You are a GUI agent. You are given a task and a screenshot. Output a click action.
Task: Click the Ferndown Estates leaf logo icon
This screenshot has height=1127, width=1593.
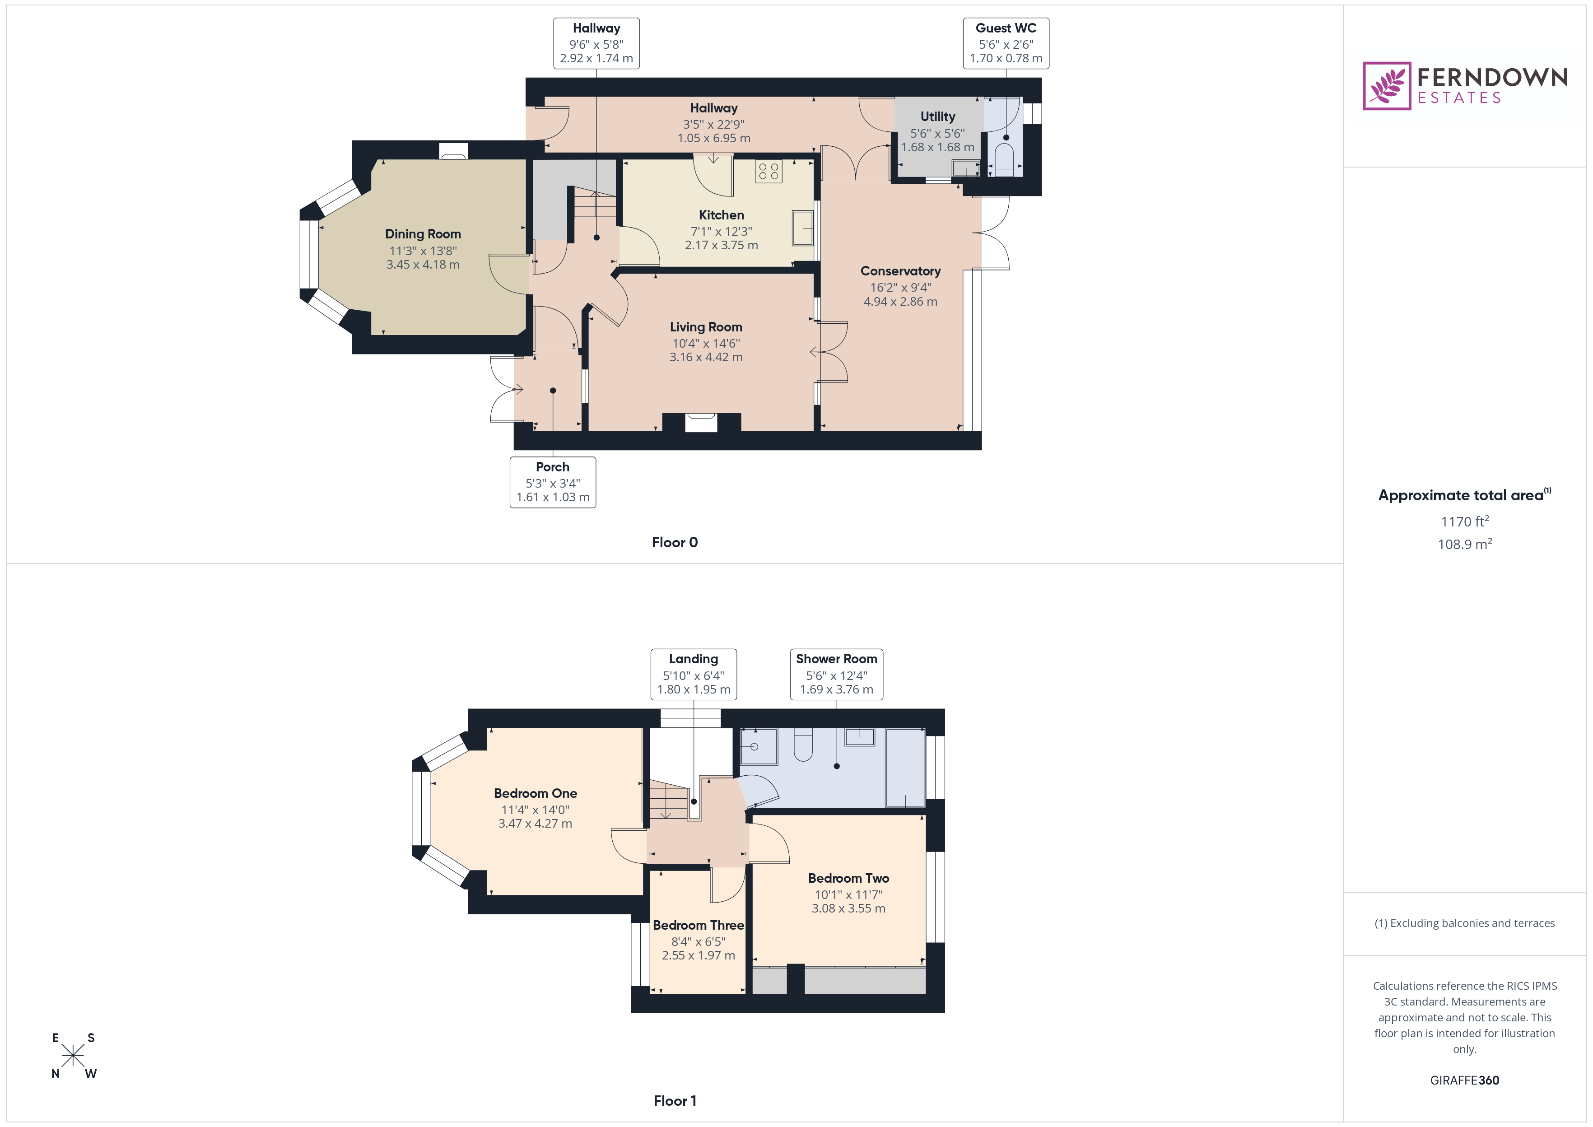[x=1386, y=86]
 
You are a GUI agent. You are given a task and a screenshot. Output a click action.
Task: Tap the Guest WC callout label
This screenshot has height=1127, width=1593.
[x=1006, y=43]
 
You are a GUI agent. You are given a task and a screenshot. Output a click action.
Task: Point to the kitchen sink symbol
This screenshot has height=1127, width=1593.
[x=803, y=228]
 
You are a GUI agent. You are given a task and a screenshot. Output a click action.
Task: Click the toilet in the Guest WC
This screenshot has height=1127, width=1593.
[x=1004, y=158]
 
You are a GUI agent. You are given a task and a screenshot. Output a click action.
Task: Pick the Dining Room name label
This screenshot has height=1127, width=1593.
[x=423, y=234]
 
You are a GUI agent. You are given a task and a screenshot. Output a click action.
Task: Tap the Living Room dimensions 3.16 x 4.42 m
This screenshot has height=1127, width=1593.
[x=706, y=358]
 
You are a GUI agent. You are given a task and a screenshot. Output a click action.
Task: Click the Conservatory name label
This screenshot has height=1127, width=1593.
[x=900, y=271]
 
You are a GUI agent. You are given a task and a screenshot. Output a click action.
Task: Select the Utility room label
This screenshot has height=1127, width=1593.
[x=937, y=116]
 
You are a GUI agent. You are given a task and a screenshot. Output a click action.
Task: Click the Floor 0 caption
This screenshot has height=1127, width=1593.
[x=675, y=543]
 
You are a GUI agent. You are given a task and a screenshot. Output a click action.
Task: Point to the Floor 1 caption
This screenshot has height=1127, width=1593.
[x=675, y=1101]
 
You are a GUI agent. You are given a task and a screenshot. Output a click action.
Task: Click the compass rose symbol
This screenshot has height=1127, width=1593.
[x=73, y=1056]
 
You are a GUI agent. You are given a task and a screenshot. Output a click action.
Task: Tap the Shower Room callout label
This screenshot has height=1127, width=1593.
[x=836, y=674]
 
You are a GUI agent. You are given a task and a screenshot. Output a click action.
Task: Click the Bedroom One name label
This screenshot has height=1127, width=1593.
[x=535, y=793]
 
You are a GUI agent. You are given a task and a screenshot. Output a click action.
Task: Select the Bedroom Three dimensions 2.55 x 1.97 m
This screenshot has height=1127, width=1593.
[x=698, y=955]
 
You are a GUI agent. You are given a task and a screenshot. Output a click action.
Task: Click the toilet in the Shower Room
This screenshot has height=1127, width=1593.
[x=803, y=746]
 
